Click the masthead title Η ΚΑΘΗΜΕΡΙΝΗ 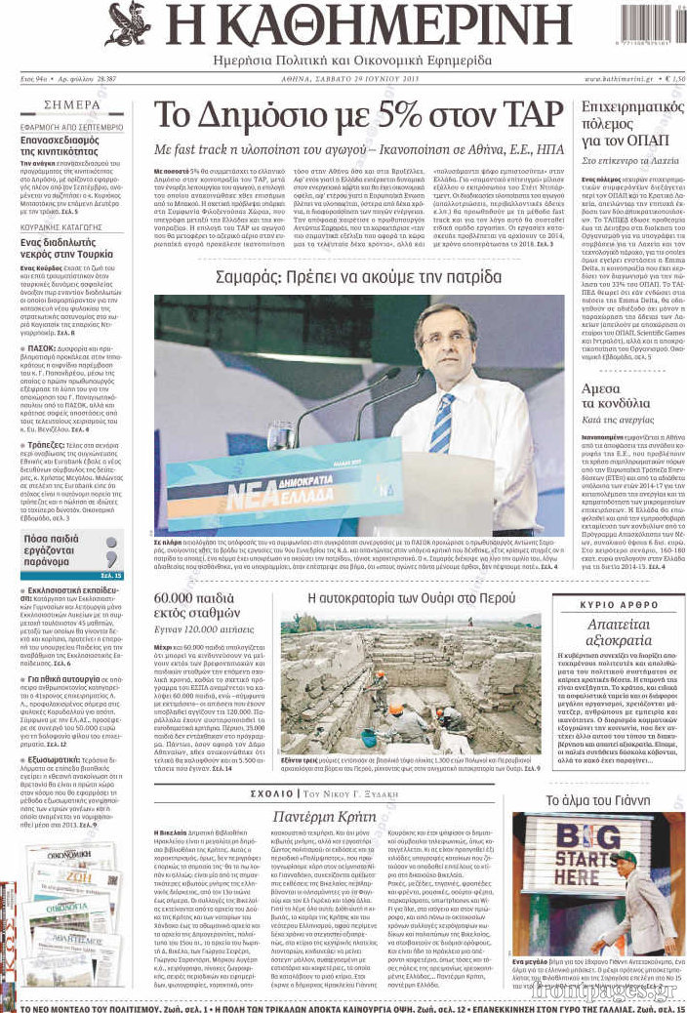point(355,25)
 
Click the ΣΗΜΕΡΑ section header point(72,104)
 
